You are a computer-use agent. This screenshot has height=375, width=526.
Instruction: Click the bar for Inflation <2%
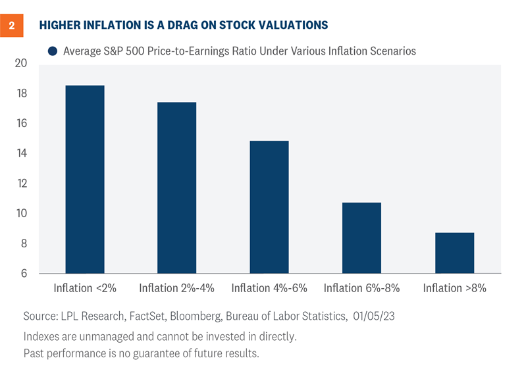coord(84,180)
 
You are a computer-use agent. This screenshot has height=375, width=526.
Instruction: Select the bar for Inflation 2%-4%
coord(176,187)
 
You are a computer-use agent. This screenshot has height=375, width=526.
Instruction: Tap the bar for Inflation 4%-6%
coord(269,207)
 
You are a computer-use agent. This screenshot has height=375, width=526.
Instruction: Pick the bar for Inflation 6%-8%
coord(361,238)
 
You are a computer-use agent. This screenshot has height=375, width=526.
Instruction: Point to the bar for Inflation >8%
coord(454,253)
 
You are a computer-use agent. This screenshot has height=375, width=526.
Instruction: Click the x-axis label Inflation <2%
coord(85,288)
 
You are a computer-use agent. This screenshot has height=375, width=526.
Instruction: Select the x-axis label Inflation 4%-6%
coord(269,288)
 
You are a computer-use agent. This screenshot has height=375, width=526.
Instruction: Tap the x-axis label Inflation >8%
coord(454,288)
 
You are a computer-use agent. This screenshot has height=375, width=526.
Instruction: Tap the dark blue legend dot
coord(52,51)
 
